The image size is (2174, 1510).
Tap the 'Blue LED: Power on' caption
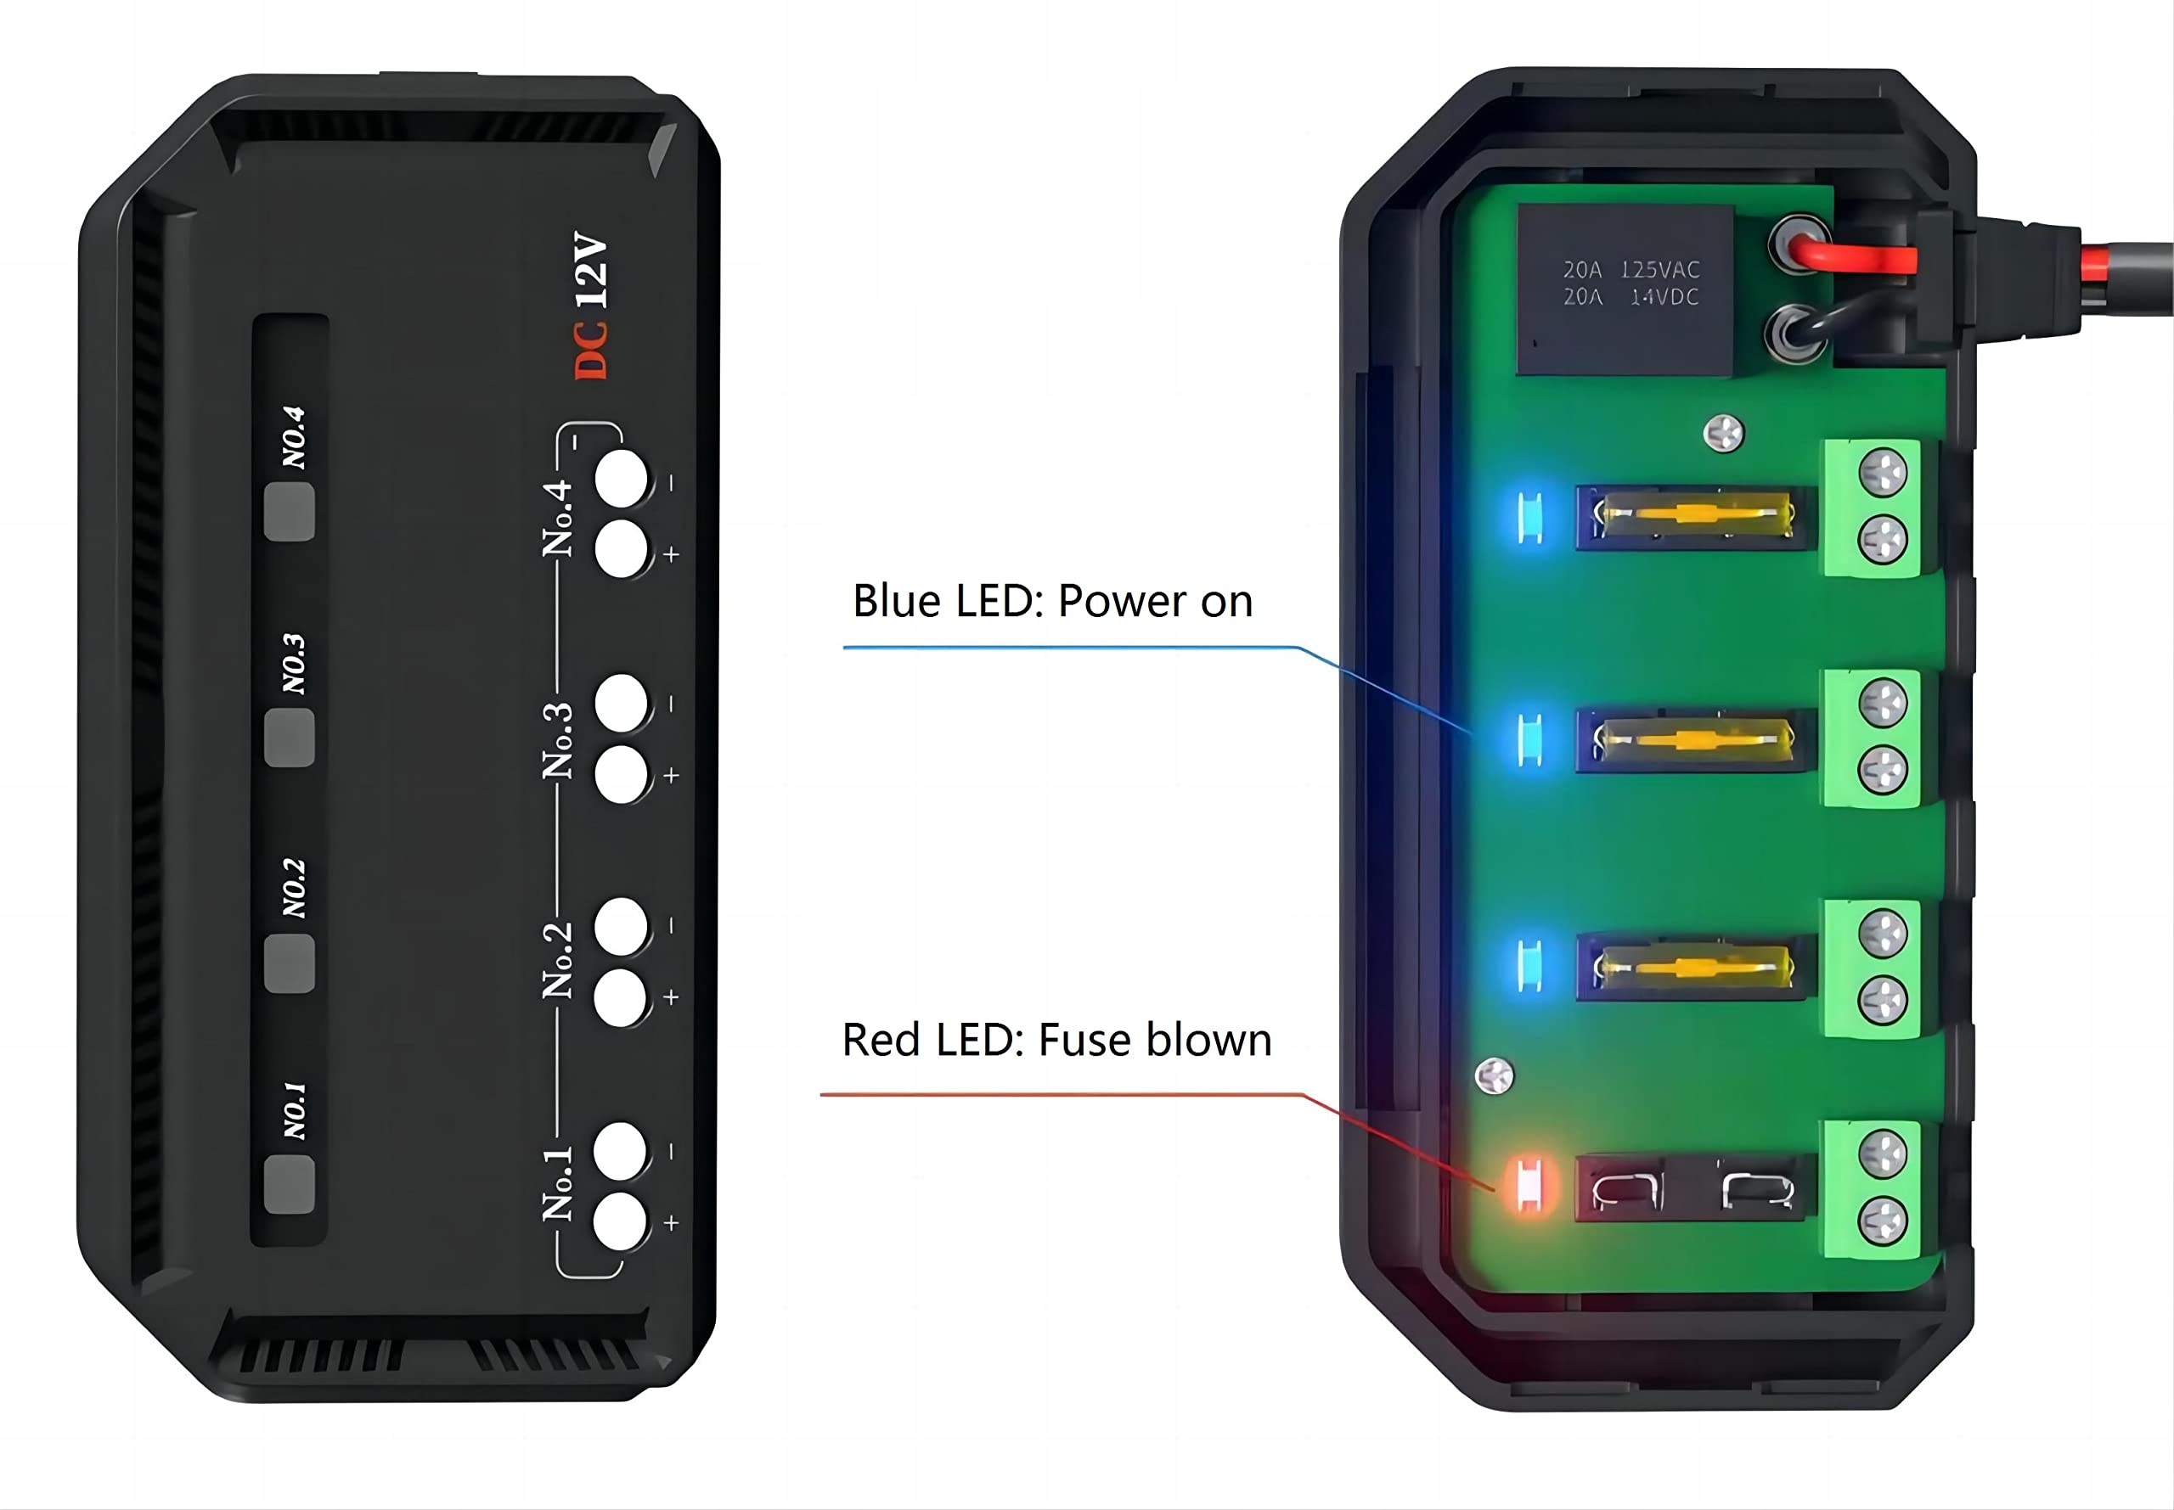coord(1052,601)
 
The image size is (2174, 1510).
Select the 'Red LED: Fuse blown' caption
coord(1056,1040)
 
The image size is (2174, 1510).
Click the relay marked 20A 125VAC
coord(1624,289)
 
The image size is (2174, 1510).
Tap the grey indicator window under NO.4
coord(289,512)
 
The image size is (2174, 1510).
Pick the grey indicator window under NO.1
coord(289,1183)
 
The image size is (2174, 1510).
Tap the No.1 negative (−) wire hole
coord(621,1152)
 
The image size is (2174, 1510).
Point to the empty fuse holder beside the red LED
coord(1696,1187)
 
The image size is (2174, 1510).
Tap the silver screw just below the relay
coord(1722,435)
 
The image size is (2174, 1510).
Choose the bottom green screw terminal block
coord(1872,1189)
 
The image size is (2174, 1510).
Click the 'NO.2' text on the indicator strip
coord(295,889)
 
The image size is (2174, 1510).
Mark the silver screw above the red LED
coord(1495,1075)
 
